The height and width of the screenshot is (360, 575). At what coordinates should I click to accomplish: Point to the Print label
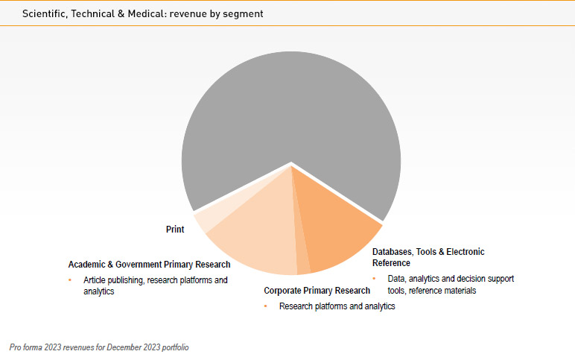175,230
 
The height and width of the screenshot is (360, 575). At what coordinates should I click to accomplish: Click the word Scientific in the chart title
42,14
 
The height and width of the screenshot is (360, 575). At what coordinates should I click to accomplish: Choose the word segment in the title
245,14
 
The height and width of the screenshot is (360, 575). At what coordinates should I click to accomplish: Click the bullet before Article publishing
71,280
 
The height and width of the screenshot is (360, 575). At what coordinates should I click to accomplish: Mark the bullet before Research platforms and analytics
266,306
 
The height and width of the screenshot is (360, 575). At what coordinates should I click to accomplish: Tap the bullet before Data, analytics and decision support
375,279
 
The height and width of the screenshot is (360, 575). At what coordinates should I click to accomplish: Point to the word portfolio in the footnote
173,347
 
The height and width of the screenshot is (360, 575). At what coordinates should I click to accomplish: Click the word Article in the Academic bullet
95,280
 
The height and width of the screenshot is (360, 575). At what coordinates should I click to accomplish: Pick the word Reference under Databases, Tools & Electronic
391,263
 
